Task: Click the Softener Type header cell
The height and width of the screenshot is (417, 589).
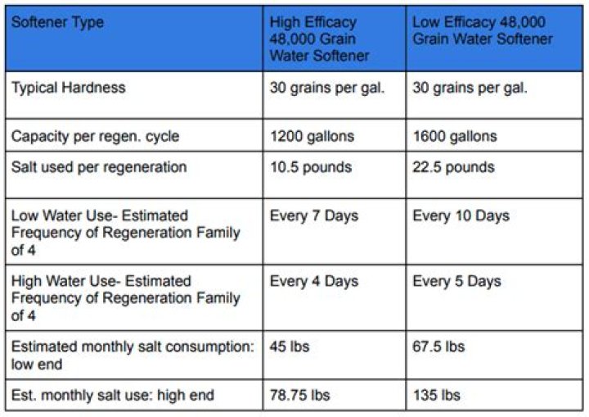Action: click(57, 22)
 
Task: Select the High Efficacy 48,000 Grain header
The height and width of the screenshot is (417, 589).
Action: click(320, 39)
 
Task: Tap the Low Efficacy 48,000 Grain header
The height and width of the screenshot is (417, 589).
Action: click(482, 30)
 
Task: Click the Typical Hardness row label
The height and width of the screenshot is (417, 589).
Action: click(69, 88)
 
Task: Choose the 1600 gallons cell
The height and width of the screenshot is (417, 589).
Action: click(454, 136)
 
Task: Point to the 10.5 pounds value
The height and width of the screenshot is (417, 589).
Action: click(311, 167)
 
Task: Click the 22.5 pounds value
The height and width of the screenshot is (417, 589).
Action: click(453, 167)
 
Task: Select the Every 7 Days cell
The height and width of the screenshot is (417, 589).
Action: click(313, 216)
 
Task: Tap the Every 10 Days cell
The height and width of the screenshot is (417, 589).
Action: click(461, 216)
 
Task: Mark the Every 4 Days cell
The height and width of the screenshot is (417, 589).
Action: click(313, 281)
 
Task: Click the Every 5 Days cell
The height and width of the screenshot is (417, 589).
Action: click(456, 281)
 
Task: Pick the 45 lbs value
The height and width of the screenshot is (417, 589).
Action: click(290, 347)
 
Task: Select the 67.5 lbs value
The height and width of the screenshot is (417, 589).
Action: click(438, 347)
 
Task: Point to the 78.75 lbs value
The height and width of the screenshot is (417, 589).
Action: click(299, 395)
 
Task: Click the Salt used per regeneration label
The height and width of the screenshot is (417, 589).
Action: click(99, 167)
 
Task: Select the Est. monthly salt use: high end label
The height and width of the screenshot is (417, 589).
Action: click(113, 395)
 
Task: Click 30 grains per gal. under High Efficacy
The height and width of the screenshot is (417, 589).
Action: click(326, 88)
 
